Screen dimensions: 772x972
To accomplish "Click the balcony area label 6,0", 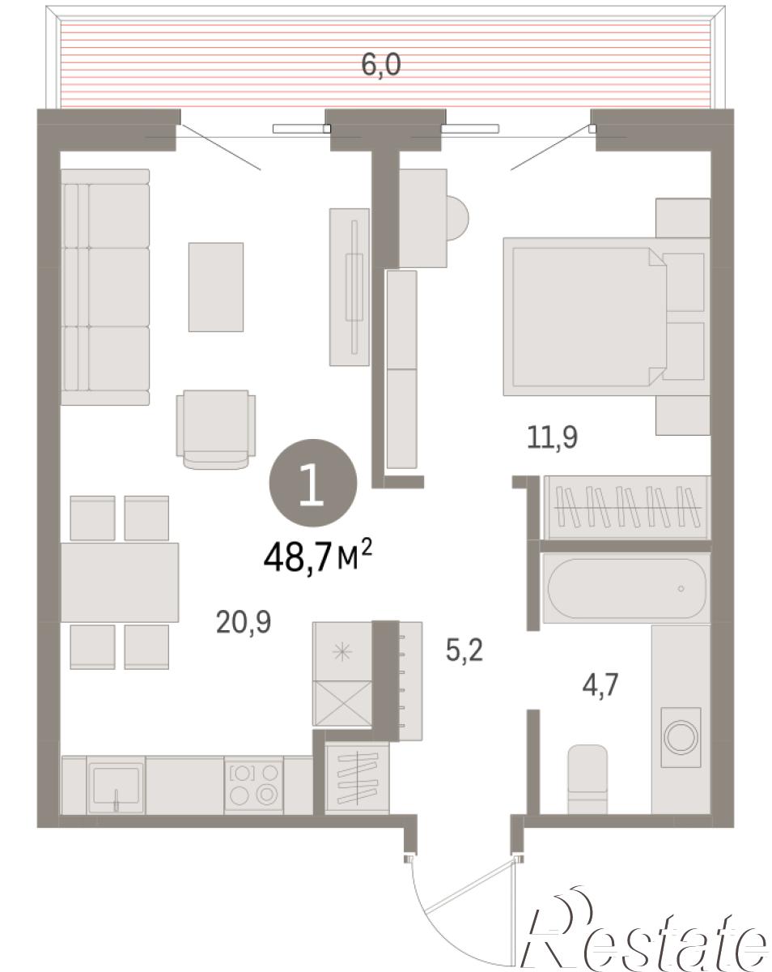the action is point(380,66).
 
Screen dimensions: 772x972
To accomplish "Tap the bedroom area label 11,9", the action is point(552,437).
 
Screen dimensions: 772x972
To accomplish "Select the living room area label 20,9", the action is point(244,622).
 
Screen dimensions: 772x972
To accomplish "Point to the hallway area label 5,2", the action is point(464,650).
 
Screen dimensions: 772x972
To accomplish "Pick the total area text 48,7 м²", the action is point(317,556).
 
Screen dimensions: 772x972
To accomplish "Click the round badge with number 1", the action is point(312,483).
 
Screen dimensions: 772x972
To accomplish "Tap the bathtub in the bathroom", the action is point(626,588).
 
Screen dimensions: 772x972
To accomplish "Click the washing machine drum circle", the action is point(681,736).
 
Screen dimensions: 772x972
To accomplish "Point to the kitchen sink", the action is point(117,787).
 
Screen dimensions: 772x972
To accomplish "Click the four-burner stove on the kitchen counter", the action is point(253,787).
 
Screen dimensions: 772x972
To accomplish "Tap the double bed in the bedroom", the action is point(605,317).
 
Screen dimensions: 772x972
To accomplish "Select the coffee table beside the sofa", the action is point(216,288).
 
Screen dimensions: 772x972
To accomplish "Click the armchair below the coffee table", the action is point(216,429).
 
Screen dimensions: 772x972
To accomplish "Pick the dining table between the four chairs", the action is point(120,582).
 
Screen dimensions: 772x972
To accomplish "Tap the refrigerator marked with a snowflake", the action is point(342,651).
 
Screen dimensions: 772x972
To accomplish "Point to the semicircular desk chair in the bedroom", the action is point(457,218).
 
